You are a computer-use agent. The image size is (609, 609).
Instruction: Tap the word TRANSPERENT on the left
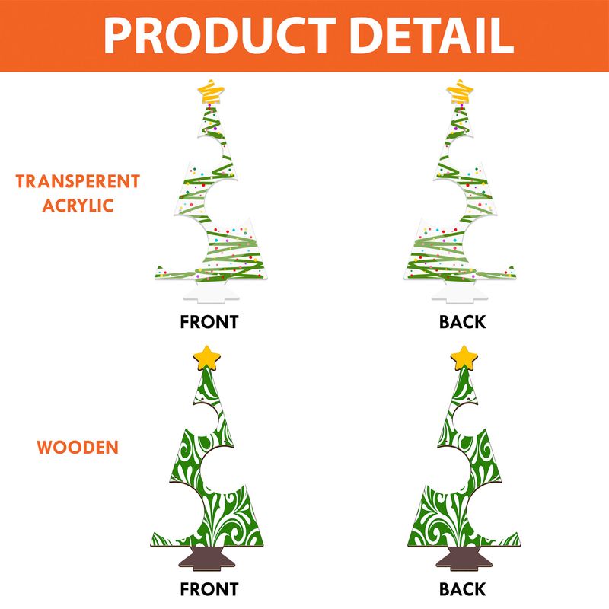78,181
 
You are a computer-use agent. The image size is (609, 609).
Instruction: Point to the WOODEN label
78,447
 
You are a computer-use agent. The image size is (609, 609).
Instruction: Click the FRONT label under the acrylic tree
209,321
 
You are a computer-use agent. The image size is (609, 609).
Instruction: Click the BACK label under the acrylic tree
462,321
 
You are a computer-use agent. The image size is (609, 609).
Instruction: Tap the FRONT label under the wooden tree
209,588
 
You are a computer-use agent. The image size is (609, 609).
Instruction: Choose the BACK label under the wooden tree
462,588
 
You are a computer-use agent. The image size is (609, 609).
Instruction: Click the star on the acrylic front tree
212,91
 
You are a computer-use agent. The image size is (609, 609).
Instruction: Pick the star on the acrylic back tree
459,91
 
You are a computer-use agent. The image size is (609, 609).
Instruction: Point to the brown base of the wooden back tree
462,557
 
